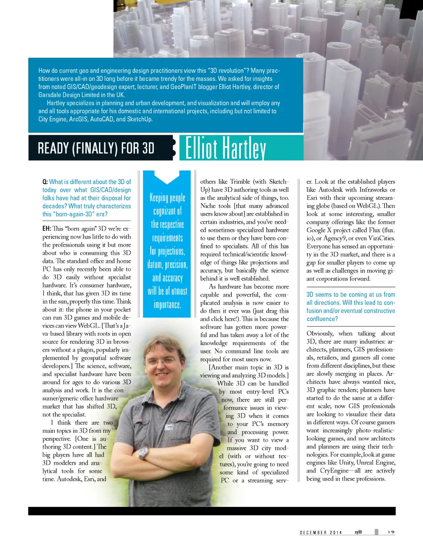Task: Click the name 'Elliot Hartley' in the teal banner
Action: tap(226, 148)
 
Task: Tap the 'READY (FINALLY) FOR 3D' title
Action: tap(96, 148)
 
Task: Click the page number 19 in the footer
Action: tap(391, 532)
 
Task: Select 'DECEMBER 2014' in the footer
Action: tap(321, 532)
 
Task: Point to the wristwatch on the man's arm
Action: tap(143, 453)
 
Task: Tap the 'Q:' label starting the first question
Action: tap(45, 182)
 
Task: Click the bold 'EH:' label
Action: tap(47, 228)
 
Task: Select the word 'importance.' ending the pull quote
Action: tap(167, 305)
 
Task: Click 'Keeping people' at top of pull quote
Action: tap(167, 198)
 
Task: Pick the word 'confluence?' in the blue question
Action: tap(322, 319)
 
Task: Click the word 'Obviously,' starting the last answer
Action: tap(320, 334)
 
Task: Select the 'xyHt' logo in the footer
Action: tap(358, 532)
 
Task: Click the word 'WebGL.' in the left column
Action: tap(89, 326)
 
